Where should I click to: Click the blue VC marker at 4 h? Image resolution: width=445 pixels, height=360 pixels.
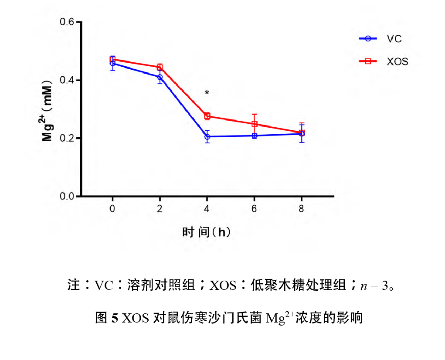pos(207,137)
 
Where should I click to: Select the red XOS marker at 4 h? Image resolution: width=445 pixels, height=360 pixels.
pos(207,116)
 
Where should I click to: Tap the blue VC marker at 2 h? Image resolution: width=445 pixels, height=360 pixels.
pos(160,77)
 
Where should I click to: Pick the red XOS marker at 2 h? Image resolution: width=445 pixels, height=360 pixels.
pos(160,67)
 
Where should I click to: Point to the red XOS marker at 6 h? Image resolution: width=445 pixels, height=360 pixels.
pos(254,124)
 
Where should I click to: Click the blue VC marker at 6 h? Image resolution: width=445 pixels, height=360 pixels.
pos(254,136)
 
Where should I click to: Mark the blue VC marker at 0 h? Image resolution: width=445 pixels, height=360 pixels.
pos(112,63)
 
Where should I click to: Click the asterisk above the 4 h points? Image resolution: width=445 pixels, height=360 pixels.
pos(207,93)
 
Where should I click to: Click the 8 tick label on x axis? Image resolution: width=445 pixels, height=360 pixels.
pos(301,208)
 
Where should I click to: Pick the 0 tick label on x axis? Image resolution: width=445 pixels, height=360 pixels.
pos(112,208)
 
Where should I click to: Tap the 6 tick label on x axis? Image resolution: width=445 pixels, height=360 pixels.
pos(254,208)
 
